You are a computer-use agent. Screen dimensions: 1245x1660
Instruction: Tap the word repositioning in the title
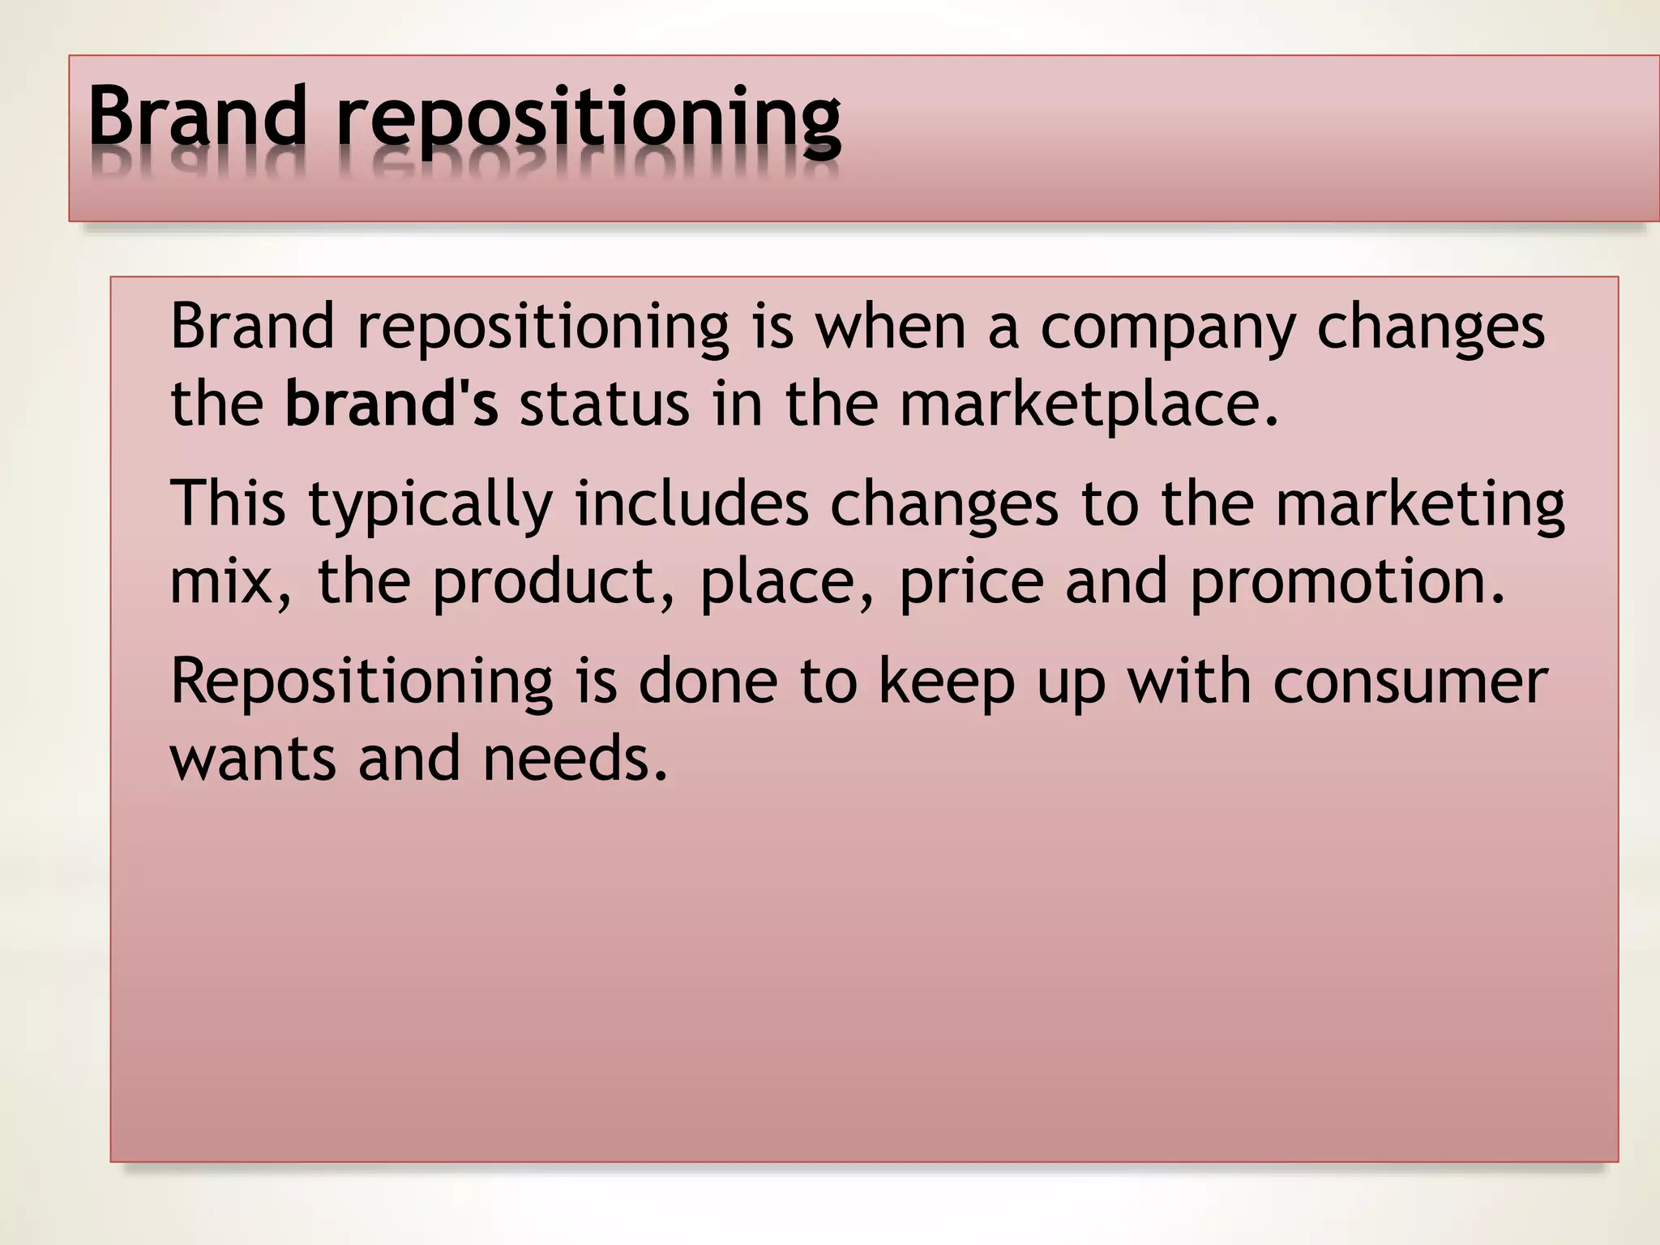click(589, 122)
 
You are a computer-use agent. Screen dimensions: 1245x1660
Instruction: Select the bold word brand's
click(391, 404)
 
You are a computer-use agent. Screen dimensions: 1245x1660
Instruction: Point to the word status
click(604, 404)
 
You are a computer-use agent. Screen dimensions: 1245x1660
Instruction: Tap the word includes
click(691, 503)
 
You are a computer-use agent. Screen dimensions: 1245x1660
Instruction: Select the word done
click(708, 681)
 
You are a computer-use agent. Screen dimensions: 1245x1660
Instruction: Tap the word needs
click(575, 759)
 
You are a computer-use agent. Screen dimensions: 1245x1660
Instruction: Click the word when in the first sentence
click(890, 327)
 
